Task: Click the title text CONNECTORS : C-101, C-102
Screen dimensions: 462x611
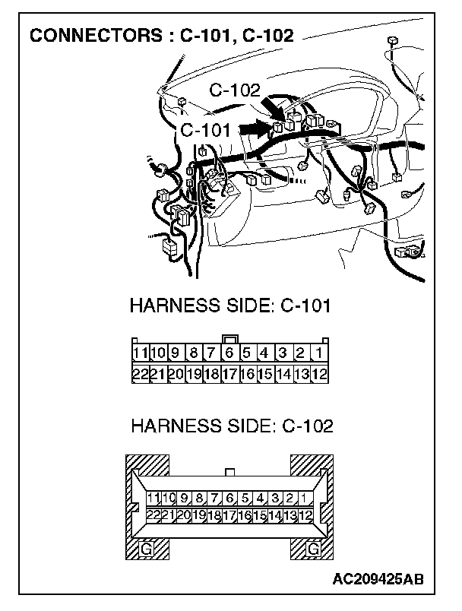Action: click(161, 35)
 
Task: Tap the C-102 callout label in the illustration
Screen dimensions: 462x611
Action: click(235, 90)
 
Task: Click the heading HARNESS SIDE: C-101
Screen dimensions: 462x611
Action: click(229, 307)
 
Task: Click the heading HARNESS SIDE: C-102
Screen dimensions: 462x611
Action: click(232, 426)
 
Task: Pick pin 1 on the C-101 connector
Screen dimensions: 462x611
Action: click(319, 353)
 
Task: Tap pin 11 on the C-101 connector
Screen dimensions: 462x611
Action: click(140, 353)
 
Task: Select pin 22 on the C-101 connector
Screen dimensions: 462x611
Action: click(140, 373)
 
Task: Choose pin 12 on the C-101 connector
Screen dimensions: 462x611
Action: click(319, 373)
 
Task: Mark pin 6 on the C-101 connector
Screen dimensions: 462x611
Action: click(229, 353)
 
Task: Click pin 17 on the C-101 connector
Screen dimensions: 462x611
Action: click(229, 373)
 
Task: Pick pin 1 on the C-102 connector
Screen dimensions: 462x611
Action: click(304, 499)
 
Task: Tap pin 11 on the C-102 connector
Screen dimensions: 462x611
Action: click(153, 499)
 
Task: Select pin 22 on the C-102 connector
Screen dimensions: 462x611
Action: click(153, 514)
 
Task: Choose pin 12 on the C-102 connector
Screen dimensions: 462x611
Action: click(305, 514)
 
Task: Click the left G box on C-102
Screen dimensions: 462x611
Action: click(146, 547)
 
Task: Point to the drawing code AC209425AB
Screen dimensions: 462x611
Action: click(378, 580)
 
